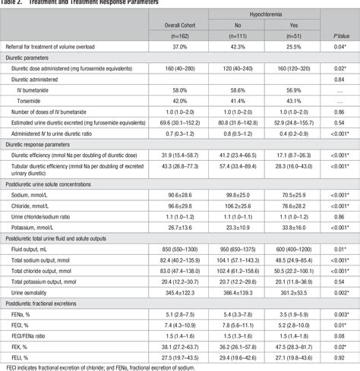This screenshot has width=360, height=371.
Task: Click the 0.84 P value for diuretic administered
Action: pos(339,78)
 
